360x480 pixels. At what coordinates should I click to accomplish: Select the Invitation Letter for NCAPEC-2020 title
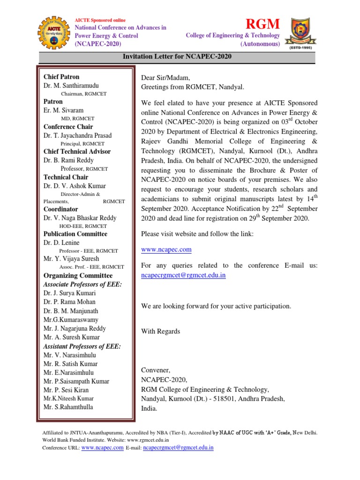[177, 57]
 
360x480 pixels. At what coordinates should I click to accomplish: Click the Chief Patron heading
[61, 77]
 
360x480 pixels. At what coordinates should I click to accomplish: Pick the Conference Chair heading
[68, 127]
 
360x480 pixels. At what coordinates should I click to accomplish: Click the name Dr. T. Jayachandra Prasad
[78, 135]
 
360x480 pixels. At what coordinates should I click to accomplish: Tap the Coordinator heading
[61, 209]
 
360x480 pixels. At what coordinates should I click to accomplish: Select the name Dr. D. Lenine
[61, 243]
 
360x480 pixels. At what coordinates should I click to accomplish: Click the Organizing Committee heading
[78, 276]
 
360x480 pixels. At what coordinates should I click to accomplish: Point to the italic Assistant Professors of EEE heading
[82, 346]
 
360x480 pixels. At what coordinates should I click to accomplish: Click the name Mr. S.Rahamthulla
[68, 407]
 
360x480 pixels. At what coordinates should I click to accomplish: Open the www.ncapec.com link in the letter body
[166, 250]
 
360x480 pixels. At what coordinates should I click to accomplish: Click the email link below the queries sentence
[183, 276]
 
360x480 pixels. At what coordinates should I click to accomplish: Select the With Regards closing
[160, 331]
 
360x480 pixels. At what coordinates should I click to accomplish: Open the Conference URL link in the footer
[102, 448]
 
